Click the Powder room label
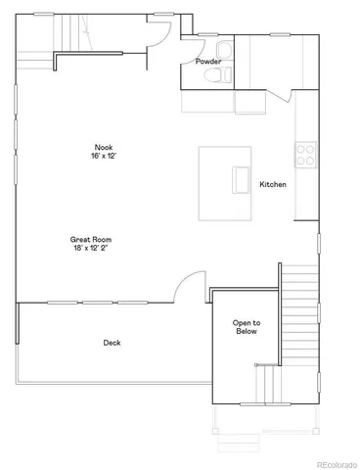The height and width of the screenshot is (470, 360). [208, 62]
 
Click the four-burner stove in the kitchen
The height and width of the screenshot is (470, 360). [306, 154]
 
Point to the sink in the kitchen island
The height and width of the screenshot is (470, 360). [241, 181]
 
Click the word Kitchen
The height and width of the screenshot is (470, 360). [273, 184]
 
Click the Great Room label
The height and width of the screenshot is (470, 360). [88, 239]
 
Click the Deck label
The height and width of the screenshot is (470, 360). [112, 343]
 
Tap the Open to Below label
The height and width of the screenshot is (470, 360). [246, 328]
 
